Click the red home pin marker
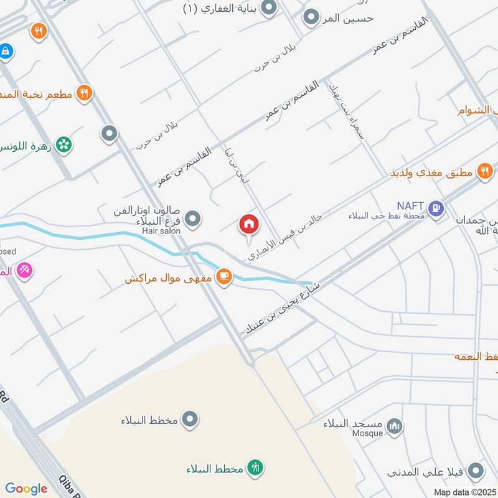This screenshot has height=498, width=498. click(249, 225)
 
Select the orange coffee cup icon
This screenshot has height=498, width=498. click(224, 276)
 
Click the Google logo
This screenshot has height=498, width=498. click(26, 489)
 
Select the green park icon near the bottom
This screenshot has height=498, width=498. click(255, 467)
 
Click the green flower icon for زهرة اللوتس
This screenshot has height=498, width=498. click(63, 145)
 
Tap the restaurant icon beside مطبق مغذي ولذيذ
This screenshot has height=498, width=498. click(485, 171)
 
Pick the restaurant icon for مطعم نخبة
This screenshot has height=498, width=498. click(84, 93)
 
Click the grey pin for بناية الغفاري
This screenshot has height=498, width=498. click(269, 8)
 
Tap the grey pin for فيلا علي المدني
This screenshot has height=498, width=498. click(476, 471)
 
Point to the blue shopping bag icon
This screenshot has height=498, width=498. click(6, 51)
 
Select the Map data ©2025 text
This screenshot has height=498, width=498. click(464, 492)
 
